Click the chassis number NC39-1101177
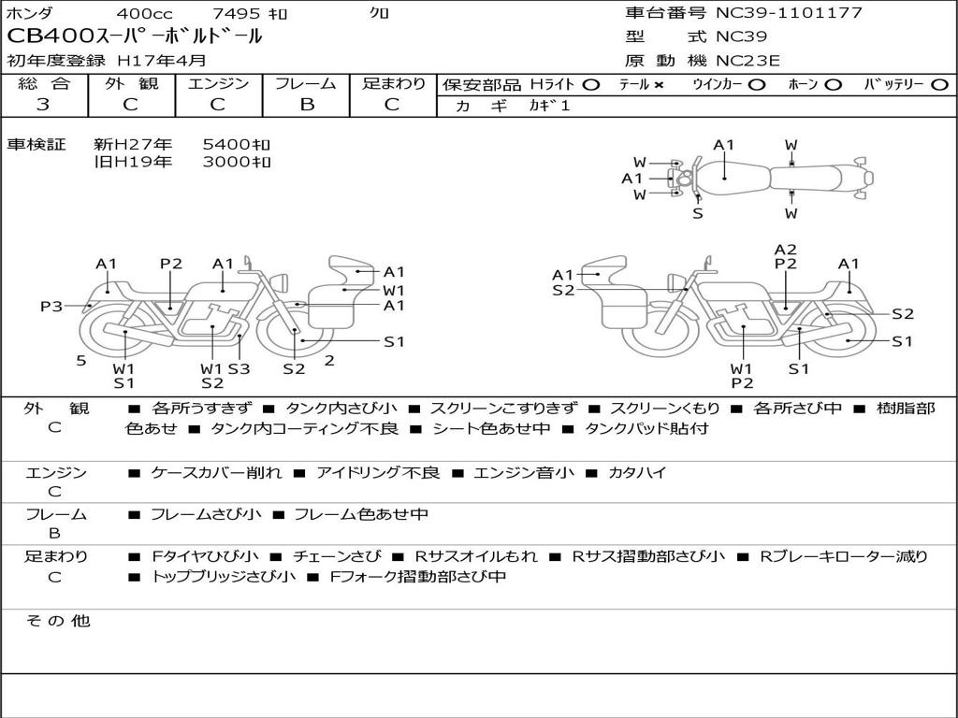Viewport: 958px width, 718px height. [x=789, y=12]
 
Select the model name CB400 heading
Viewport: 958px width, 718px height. [x=135, y=36]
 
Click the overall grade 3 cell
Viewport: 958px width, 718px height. [x=43, y=105]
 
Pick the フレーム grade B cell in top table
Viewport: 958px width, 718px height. [x=307, y=105]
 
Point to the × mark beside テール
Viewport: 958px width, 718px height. [x=659, y=85]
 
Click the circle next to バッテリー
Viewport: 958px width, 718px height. [x=939, y=84]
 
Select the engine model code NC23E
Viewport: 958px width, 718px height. [x=748, y=61]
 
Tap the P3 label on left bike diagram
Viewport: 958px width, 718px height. [x=51, y=306]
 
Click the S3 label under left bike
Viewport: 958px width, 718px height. [x=239, y=368]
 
